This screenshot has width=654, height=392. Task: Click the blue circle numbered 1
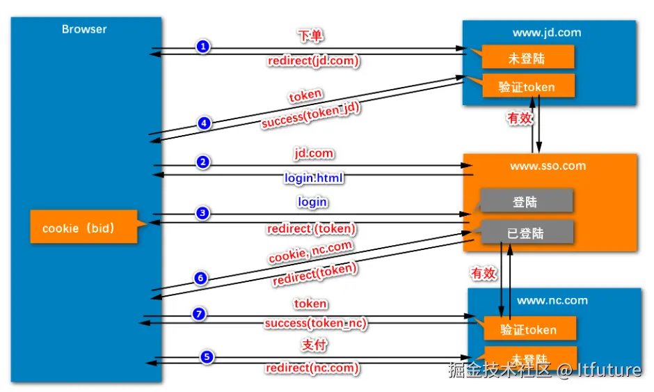[x=203, y=47]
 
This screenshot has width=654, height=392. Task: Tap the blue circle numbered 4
[x=204, y=123]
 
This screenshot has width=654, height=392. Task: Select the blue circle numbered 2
[x=203, y=162]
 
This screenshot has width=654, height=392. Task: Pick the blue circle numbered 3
[x=202, y=213]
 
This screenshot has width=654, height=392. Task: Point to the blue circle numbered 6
[x=200, y=278]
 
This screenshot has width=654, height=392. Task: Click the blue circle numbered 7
[x=199, y=313]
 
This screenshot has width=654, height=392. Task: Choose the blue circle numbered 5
[x=207, y=357]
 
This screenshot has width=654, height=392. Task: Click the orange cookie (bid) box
[x=83, y=227]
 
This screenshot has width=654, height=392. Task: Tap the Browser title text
[x=84, y=29]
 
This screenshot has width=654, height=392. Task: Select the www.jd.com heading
[x=547, y=33]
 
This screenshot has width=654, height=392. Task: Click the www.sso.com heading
[x=548, y=166]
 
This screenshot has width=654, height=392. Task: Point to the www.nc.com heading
[x=552, y=301]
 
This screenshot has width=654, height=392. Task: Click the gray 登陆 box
[x=527, y=201]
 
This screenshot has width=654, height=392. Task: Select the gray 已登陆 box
[x=527, y=232]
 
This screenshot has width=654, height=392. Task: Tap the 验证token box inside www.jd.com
[x=528, y=86]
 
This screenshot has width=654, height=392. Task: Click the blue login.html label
[x=314, y=178]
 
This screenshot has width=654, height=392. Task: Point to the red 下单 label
[x=310, y=36]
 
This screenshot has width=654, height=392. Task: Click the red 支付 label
[x=314, y=345]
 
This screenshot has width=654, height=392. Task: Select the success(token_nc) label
[x=316, y=323]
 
